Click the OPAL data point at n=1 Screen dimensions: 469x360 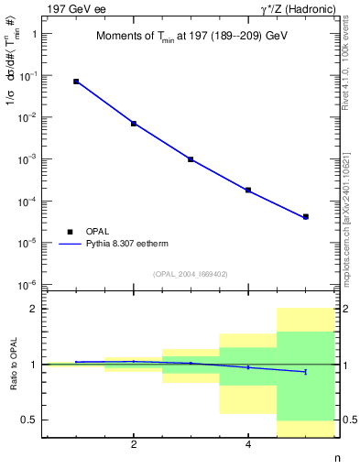(x=76, y=82)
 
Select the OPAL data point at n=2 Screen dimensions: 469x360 (x=134, y=124)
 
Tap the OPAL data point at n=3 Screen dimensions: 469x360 (x=191, y=159)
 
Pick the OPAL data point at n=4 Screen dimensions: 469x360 (x=248, y=191)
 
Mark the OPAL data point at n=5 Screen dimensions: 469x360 (x=305, y=217)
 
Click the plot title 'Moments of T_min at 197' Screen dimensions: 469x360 (x=191, y=37)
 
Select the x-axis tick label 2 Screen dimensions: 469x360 (x=134, y=445)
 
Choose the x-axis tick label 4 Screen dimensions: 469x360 (x=248, y=445)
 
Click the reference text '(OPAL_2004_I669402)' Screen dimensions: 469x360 (x=191, y=273)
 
